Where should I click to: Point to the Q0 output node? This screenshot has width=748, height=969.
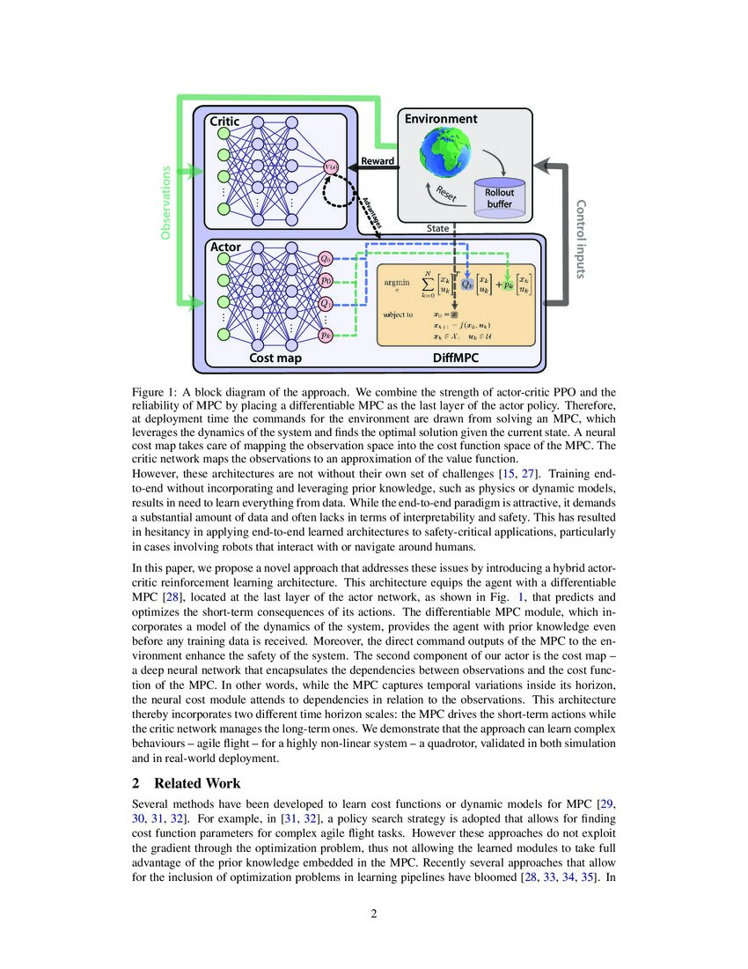point(326,259)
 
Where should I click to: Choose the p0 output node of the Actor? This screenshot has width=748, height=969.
point(326,282)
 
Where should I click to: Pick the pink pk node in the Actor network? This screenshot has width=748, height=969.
point(326,335)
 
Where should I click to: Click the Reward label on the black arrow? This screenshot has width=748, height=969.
point(378,161)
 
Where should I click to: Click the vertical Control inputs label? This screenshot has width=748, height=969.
point(581,238)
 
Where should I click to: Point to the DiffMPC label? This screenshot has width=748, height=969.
point(457,359)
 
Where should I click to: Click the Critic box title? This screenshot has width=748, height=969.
point(224,122)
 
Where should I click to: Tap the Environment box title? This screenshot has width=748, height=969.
point(440,118)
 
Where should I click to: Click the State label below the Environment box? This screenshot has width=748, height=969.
point(438,227)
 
